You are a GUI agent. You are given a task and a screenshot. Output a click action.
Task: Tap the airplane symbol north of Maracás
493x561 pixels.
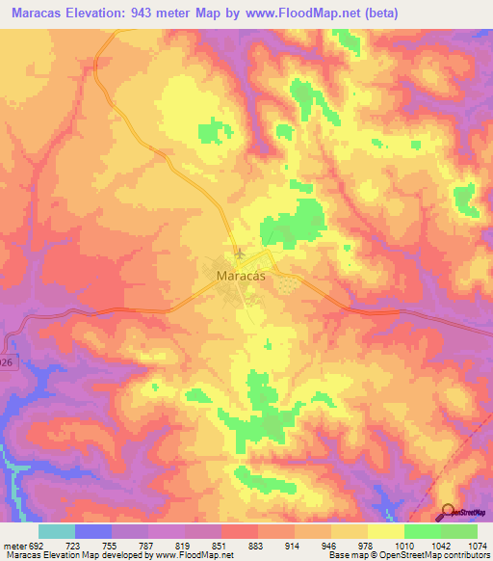(239, 254)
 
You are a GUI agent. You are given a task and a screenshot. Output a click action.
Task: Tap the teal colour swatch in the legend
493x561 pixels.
(57, 531)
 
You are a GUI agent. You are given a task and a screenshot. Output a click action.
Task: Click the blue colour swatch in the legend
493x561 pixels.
(93, 531)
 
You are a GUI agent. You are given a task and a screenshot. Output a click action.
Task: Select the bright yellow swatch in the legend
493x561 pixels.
(386, 531)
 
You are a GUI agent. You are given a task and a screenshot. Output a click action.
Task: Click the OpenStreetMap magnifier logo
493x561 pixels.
(448, 512)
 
